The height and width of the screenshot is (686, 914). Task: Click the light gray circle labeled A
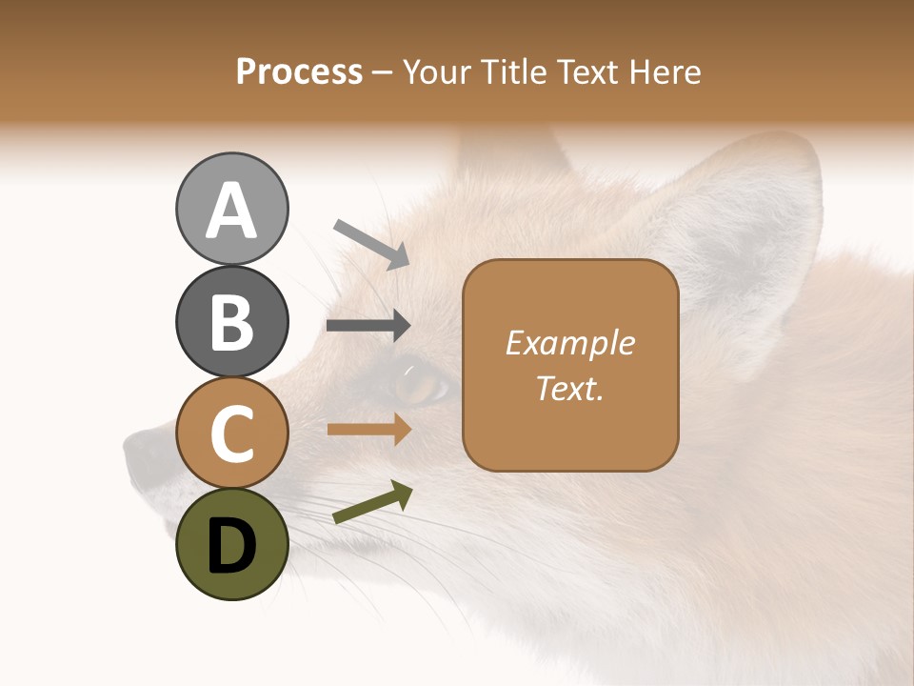(x=231, y=209)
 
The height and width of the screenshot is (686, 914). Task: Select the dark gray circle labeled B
(x=231, y=321)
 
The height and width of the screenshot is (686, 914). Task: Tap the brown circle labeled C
(x=231, y=433)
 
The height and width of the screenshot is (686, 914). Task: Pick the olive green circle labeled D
(x=231, y=544)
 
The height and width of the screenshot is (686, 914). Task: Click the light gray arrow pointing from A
(x=371, y=243)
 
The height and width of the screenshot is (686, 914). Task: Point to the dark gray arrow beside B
(x=368, y=326)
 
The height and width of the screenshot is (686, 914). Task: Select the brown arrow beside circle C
(x=368, y=429)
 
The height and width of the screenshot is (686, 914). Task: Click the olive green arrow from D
(x=372, y=502)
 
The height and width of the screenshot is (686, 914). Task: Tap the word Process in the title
(x=299, y=72)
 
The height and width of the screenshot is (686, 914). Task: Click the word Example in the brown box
(x=570, y=343)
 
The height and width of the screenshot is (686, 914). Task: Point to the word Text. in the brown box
(x=570, y=388)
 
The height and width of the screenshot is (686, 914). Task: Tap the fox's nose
(x=143, y=450)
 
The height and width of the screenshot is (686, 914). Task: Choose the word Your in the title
(x=437, y=72)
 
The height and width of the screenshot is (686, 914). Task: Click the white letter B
(x=231, y=321)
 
